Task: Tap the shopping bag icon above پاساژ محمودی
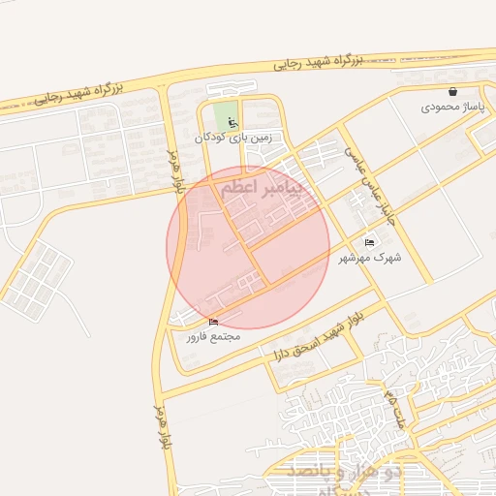[452, 92]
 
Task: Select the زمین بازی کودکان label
[233, 138]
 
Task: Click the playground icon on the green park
[232, 121]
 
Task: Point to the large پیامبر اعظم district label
[261, 186]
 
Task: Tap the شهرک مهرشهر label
[370, 258]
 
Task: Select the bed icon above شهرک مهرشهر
[369, 242]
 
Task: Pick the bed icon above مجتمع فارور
[213, 322]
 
